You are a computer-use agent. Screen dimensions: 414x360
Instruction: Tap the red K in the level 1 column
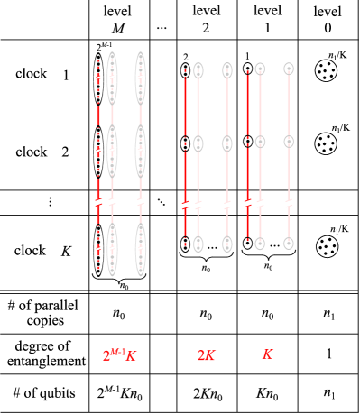(x=267, y=356)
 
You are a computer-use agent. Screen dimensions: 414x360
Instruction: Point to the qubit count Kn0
(x=267, y=394)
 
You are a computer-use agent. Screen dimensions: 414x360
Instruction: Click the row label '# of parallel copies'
(x=45, y=316)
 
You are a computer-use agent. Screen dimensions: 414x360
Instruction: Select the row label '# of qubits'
(x=45, y=394)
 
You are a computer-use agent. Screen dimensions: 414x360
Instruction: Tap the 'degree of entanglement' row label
(x=45, y=354)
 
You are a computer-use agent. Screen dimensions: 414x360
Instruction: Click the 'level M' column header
(x=119, y=18)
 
